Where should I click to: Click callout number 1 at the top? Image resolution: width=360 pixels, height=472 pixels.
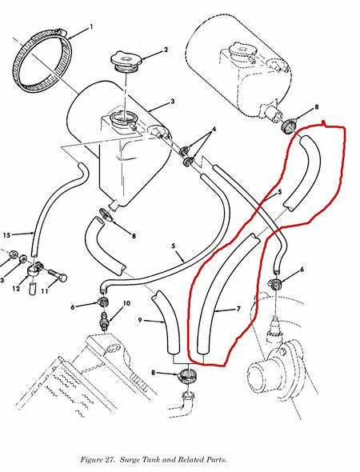[91, 28]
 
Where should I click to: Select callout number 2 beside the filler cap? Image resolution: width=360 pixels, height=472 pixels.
[166, 50]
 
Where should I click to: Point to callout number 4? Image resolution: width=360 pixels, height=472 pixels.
[213, 130]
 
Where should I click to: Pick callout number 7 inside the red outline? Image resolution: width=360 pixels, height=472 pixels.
[238, 309]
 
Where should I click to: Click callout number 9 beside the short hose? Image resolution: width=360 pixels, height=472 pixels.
[139, 322]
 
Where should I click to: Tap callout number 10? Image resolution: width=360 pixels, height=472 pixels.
[126, 304]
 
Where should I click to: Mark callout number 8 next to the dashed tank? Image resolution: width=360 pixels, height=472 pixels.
[317, 106]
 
